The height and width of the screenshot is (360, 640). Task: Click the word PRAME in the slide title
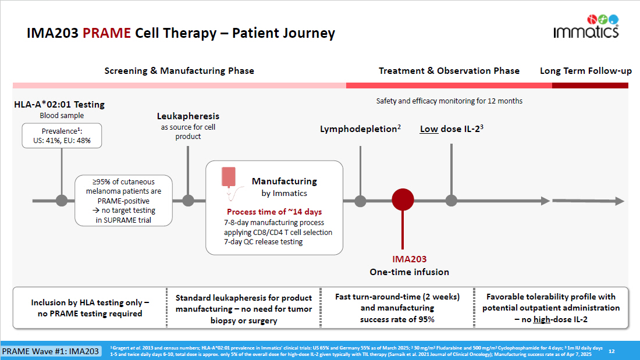click(106, 33)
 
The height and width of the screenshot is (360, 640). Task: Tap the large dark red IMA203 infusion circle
click(403, 200)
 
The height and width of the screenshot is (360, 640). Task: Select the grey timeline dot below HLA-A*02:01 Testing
click(61, 201)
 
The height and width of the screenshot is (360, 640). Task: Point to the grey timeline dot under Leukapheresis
click(188, 201)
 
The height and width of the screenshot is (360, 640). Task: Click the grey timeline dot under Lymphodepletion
click(360, 201)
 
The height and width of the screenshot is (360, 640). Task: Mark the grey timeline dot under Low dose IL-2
click(451, 201)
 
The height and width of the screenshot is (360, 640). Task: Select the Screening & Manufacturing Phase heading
click(179, 71)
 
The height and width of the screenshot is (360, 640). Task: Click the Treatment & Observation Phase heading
click(449, 71)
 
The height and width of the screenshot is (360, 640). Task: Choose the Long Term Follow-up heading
click(585, 71)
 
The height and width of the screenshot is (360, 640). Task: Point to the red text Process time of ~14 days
click(274, 212)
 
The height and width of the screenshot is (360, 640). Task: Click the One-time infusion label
click(410, 272)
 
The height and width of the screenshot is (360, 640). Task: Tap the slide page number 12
click(611, 351)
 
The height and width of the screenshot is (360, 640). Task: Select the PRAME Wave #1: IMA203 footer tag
click(50, 351)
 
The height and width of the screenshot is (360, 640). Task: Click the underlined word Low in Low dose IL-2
click(429, 129)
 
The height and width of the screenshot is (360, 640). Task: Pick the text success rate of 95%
click(397, 319)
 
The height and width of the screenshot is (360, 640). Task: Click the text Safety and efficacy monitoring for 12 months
click(449, 101)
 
